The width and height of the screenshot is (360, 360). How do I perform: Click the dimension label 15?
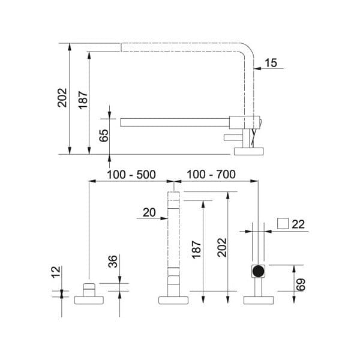pos(271,63)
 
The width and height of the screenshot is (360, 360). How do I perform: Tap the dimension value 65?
pos(104,136)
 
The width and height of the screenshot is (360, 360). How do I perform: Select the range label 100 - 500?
pos(131,175)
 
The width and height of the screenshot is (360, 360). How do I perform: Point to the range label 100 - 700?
pos(211,174)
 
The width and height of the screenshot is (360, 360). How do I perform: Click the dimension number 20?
pos(149,212)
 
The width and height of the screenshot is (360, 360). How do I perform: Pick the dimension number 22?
pos(298,224)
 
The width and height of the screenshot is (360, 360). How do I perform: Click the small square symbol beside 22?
pos(283,223)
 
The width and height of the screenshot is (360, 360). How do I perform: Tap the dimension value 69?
pos(301,284)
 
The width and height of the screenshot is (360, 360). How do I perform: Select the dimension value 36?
pos(113,261)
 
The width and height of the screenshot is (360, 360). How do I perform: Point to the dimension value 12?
pos(56,272)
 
